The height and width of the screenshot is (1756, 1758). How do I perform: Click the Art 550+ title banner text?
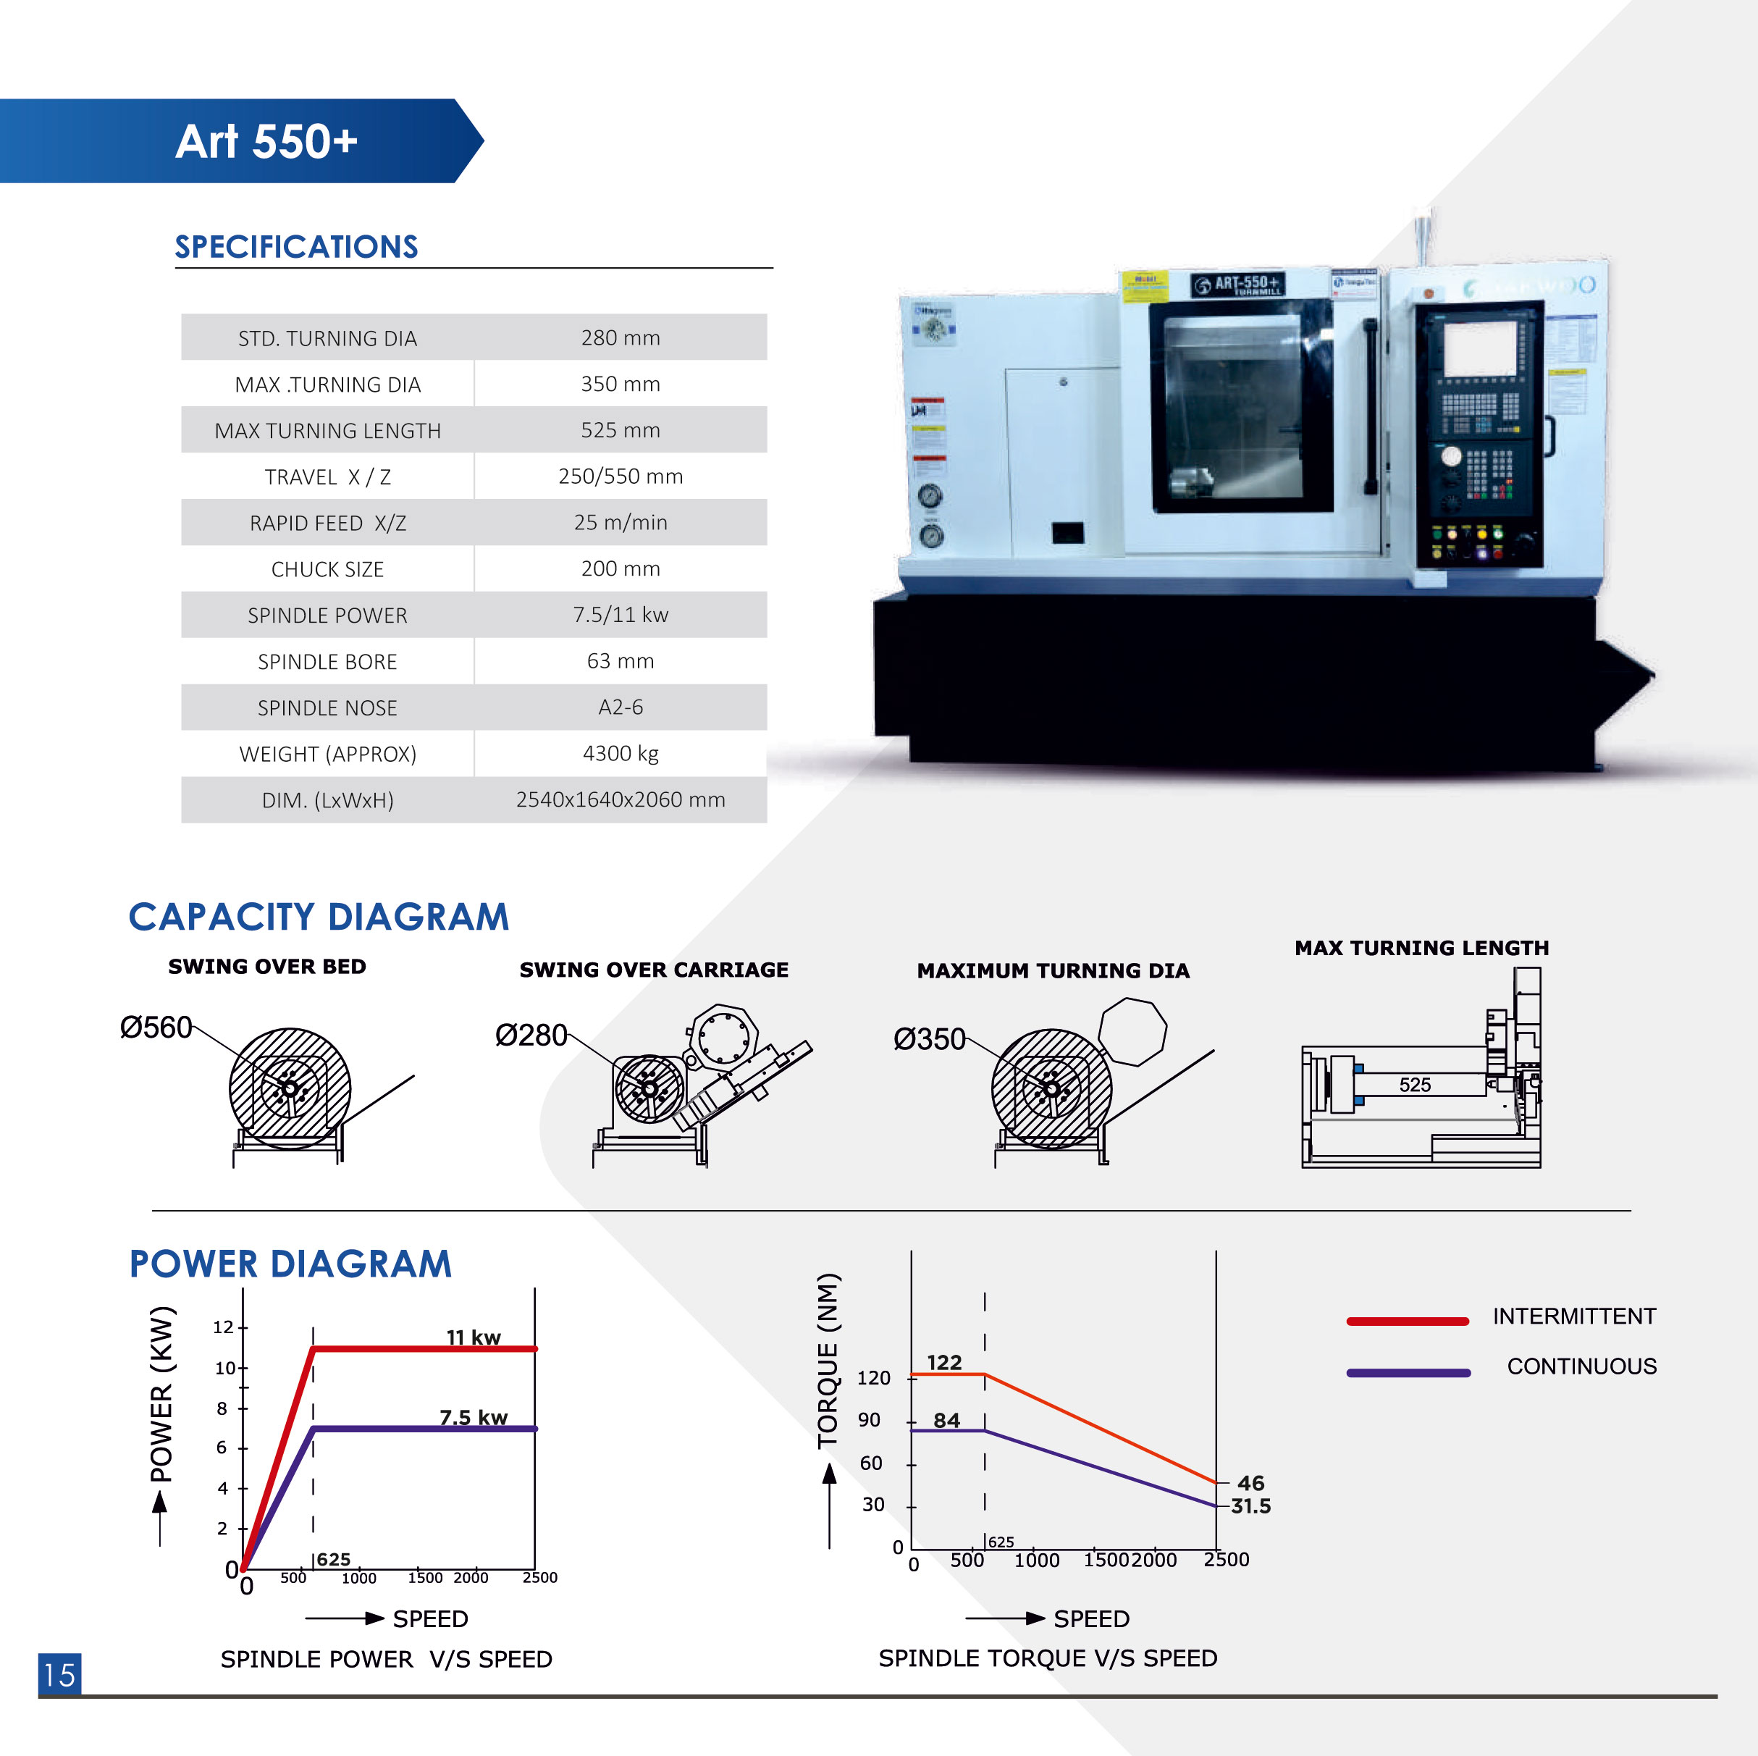click(x=266, y=142)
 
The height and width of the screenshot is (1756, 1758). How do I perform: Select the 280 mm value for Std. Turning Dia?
click(x=620, y=337)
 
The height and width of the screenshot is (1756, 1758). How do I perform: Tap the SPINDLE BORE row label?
click(x=327, y=661)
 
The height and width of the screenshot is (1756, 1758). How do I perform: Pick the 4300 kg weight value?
click(x=620, y=753)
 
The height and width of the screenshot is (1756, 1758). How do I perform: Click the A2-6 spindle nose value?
click(x=620, y=707)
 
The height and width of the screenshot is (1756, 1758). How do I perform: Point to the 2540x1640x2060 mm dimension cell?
click(x=620, y=799)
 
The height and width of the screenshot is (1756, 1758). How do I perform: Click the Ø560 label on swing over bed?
click(x=156, y=1028)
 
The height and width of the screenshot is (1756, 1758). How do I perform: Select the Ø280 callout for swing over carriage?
click(x=531, y=1035)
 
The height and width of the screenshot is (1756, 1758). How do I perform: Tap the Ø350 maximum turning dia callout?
click(x=928, y=1039)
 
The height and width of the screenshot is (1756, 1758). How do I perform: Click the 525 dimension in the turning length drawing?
click(x=1414, y=1085)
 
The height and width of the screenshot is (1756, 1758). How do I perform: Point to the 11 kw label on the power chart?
click(x=473, y=1337)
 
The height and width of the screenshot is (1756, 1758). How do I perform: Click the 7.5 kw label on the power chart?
click(x=473, y=1416)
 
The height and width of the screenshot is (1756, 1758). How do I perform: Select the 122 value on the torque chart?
click(x=943, y=1362)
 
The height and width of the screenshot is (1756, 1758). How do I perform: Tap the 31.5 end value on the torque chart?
click(x=1250, y=1505)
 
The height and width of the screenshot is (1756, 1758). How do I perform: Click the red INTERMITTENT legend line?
click(x=1407, y=1321)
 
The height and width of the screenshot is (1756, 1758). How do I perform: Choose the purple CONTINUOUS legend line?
click(x=1407, y=1372)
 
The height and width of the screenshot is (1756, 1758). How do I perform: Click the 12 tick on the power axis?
click(x=223, y=1327)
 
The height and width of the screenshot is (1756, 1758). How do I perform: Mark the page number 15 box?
click(x=59, y=1674)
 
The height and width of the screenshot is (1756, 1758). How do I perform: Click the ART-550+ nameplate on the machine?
click(x=1237, y=284)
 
